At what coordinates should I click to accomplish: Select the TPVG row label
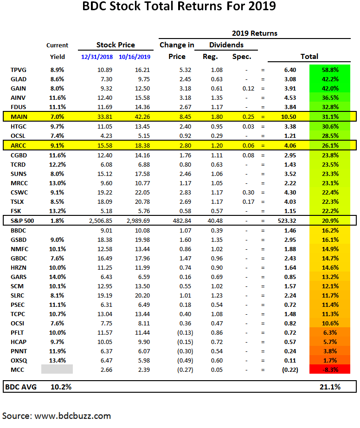(x=19, y=70)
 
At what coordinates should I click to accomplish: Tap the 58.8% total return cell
(x=329, y=70)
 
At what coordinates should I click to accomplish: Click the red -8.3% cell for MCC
(x=329, y=369)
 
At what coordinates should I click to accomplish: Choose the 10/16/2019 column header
(x=135, y=57)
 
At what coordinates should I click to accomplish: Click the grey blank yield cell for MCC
(x=57, y=369)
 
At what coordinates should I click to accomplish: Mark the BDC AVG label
(x=22, y=387)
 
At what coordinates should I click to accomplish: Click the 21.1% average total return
(x=329, y=387)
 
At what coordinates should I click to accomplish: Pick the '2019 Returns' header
(x=254, y=33)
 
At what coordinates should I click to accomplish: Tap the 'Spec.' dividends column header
(x=241, y=57)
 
